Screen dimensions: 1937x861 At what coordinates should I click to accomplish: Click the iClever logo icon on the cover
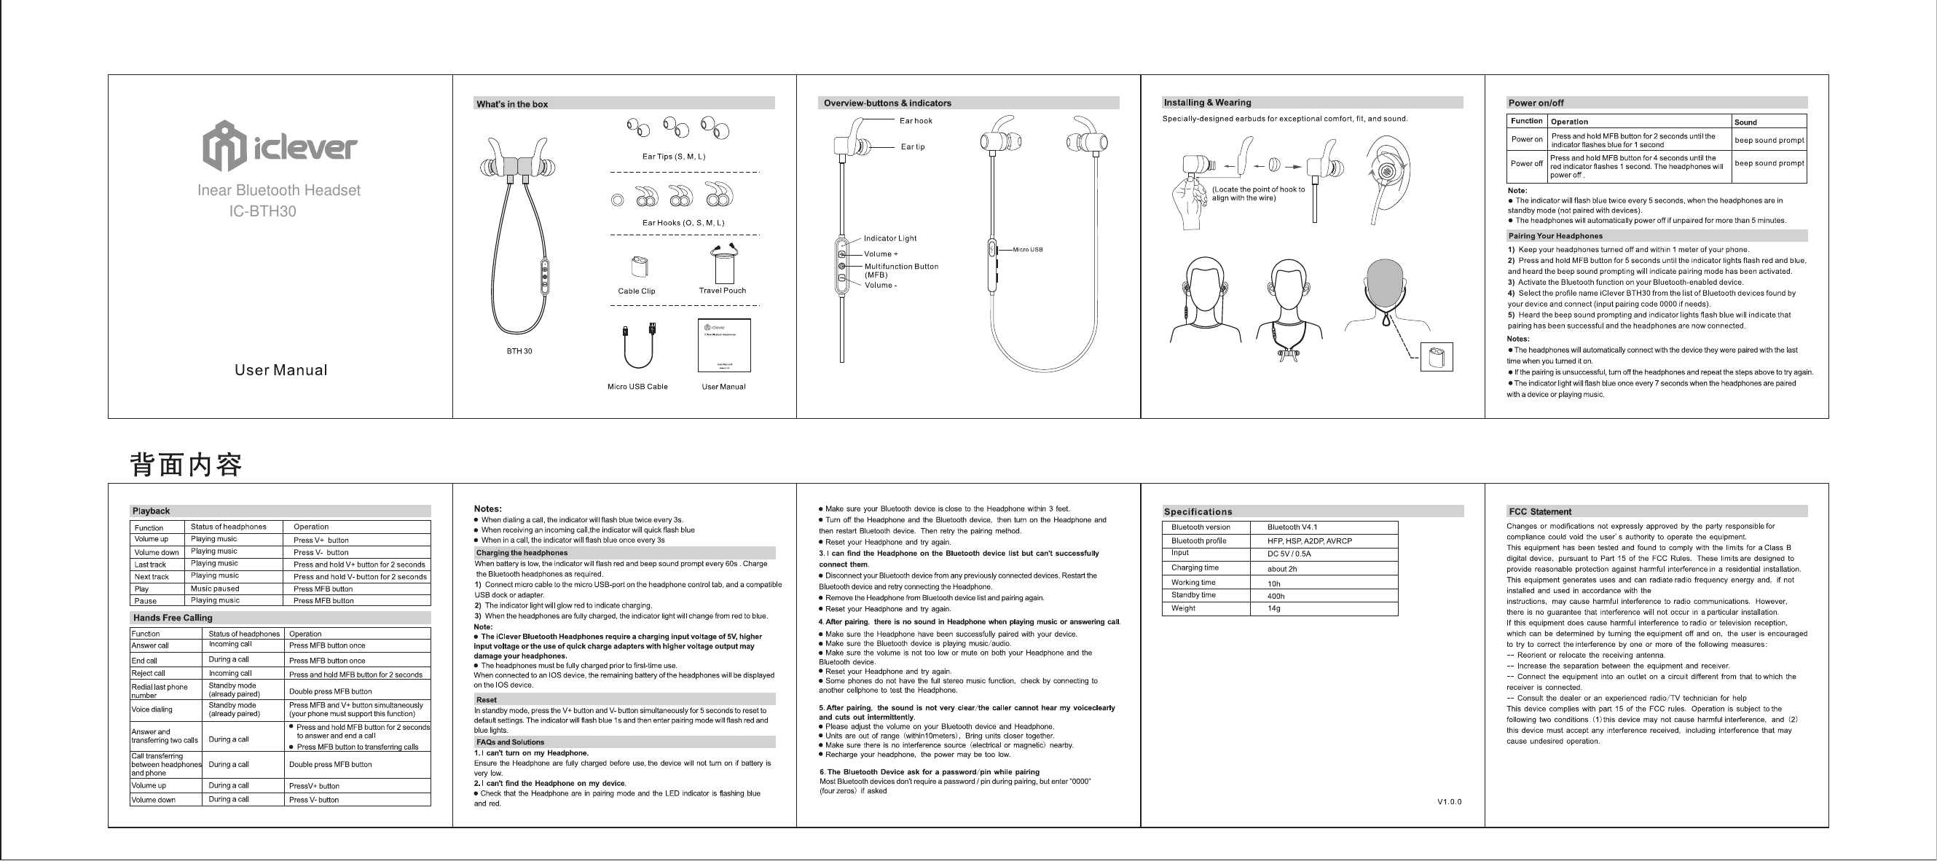coord(225,146)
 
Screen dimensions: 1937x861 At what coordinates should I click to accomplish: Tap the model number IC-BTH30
coord(262,212)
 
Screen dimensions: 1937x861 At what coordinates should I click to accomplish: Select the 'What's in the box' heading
coord(512,104)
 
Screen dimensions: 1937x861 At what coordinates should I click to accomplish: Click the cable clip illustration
coord(638,267)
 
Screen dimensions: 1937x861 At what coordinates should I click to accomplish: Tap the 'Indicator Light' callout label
coord(889,238)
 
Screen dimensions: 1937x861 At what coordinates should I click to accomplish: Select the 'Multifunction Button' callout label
coord(901,267)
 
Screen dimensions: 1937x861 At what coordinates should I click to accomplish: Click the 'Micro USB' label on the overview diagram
coord(1027,250)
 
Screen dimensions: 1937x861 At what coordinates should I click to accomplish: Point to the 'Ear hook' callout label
coord(915,121)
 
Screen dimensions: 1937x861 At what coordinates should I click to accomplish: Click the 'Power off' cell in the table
coord(1526,164)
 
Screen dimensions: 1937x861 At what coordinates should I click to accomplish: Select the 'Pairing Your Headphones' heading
coord(1555,236)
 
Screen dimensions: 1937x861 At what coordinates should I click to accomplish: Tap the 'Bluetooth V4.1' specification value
coord(1292,527)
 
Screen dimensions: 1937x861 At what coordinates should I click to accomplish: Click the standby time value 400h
coord(1276,597)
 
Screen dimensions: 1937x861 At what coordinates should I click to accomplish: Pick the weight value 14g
coord(1274,608)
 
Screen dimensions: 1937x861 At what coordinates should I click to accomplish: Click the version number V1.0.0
coord(1449,801)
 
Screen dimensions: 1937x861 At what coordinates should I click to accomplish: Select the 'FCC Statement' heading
coord(1540,512)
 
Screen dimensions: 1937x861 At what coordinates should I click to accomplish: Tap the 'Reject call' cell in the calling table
coord(148,674)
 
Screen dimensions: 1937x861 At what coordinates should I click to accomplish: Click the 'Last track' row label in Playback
coord(150,565)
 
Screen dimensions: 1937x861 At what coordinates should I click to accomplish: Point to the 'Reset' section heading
coord(487,700)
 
